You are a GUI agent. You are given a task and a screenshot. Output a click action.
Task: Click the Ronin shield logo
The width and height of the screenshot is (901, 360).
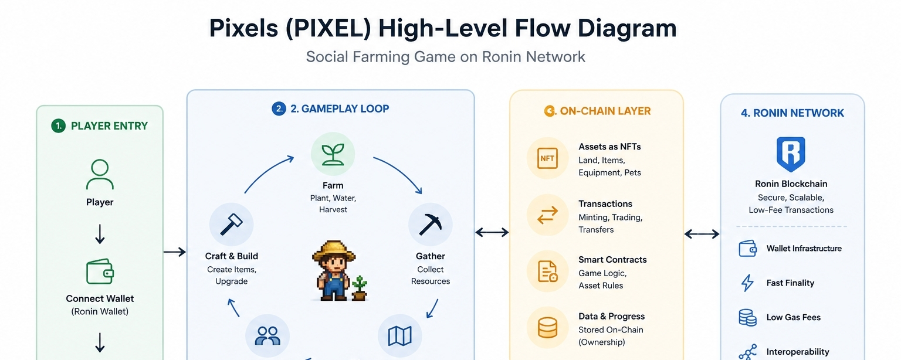791,154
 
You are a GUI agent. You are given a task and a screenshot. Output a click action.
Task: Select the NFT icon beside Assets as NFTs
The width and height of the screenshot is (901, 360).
547,158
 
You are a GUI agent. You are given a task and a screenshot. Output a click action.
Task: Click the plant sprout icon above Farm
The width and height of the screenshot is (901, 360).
333,154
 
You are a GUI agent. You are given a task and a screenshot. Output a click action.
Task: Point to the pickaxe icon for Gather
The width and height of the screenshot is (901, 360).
430,225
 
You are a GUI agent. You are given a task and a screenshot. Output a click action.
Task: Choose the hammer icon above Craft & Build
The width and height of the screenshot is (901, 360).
231,225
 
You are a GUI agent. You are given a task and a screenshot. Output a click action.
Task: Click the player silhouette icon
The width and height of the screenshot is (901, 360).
100,174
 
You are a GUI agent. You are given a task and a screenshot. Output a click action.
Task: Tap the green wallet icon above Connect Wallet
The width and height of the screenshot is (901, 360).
100,271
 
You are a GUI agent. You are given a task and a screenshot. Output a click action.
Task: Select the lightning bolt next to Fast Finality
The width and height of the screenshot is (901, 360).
747,283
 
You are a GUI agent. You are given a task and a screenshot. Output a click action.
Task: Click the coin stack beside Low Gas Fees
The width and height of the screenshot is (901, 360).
747,317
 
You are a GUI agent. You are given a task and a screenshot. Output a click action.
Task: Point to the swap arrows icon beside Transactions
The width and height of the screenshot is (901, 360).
547,216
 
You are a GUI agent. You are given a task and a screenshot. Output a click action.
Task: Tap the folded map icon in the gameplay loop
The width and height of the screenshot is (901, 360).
399,336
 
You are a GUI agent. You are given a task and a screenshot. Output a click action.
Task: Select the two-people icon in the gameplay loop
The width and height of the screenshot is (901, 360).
267,336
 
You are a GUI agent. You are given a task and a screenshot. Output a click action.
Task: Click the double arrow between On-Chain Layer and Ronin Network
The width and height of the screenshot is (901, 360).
702,235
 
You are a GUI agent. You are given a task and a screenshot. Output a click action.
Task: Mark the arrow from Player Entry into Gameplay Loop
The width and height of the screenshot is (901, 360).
174,252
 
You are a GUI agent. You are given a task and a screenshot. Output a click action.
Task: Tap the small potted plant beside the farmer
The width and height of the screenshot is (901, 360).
359,287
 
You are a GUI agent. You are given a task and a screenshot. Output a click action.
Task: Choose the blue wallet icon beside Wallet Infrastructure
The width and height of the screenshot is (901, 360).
747,249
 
